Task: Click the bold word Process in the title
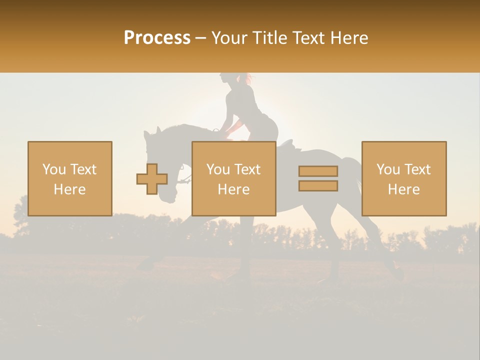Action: click(x=157, y=38)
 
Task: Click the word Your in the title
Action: click(x=230, y=38)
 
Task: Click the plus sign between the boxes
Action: click(x=152, y=179)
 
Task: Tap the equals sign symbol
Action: click(x=318, y=178)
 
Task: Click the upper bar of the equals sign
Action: click(x=318, y=171)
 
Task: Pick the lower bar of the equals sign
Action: click(x=318, y=186)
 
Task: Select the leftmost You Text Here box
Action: click(x=70, y=178)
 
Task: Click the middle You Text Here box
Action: click(x=233, y=178)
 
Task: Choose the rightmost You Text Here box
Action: click(x=404, y=178)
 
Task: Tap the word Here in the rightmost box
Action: click(x=404, y=189)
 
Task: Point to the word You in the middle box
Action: click(x=218, y=169)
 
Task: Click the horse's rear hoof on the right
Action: click(x=398, y=273)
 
